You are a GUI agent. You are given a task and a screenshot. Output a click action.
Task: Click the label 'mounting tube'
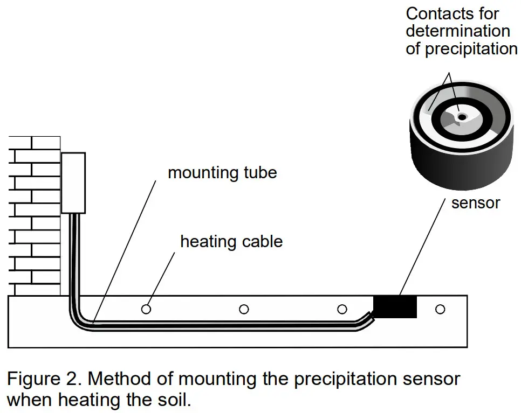click(222, 173)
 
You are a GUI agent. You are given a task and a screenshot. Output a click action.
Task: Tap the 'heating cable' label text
click(231, 241)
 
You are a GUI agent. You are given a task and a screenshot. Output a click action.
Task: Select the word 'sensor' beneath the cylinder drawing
click(475, 203)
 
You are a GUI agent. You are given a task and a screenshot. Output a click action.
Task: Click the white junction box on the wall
click(73, 183)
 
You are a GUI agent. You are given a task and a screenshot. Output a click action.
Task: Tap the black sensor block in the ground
click(395, 307)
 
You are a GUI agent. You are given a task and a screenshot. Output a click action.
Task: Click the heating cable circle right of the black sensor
click(440, 309)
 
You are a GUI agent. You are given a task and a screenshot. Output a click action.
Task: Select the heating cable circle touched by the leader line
click(146, 309)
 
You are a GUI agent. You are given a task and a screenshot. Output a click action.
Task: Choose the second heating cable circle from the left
click(244, 309)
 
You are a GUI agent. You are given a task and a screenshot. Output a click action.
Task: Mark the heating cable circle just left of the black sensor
click(342, 309)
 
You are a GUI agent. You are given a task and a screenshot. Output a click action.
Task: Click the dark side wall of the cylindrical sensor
click(458, 162)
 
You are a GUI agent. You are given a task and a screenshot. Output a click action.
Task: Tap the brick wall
click(32, 215)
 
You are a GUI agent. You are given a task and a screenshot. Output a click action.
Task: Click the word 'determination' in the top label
click(457, 31)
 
